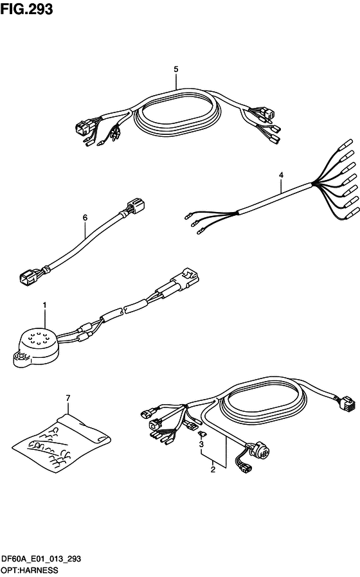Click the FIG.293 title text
click(x=26, y=9)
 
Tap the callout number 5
click(x=176, y=69)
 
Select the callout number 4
click(x=281, y=175)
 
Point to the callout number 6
click(x=85, y=218)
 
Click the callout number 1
click(x=44, y=305)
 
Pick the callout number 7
click(x=67, y=398)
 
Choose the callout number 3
click(x=201, y=445)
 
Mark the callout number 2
click(x=213, y=470)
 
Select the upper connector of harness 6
click(x=136, y=206)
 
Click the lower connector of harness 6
click(x=28, y=277)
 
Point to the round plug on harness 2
click(x=259, y=449)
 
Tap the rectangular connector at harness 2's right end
click(x=346, y=404)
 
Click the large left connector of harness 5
click(x=82, y=128)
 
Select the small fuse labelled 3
click(x=202, y=434)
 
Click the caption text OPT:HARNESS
click(x=30, y=571)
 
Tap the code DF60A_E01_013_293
click(x=41, y=560)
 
